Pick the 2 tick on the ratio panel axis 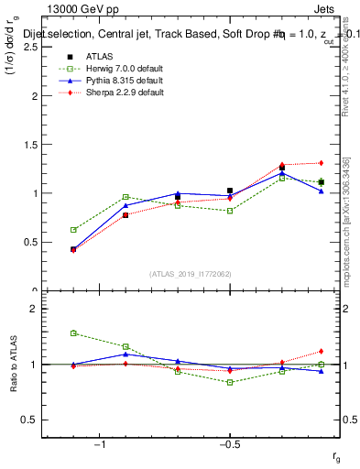point(33,310)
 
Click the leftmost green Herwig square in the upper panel point(73,230)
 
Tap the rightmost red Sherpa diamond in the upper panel point(321,163)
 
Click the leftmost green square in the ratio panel point(73,333)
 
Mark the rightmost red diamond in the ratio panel point(321,351)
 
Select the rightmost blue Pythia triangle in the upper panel point(321,191)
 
